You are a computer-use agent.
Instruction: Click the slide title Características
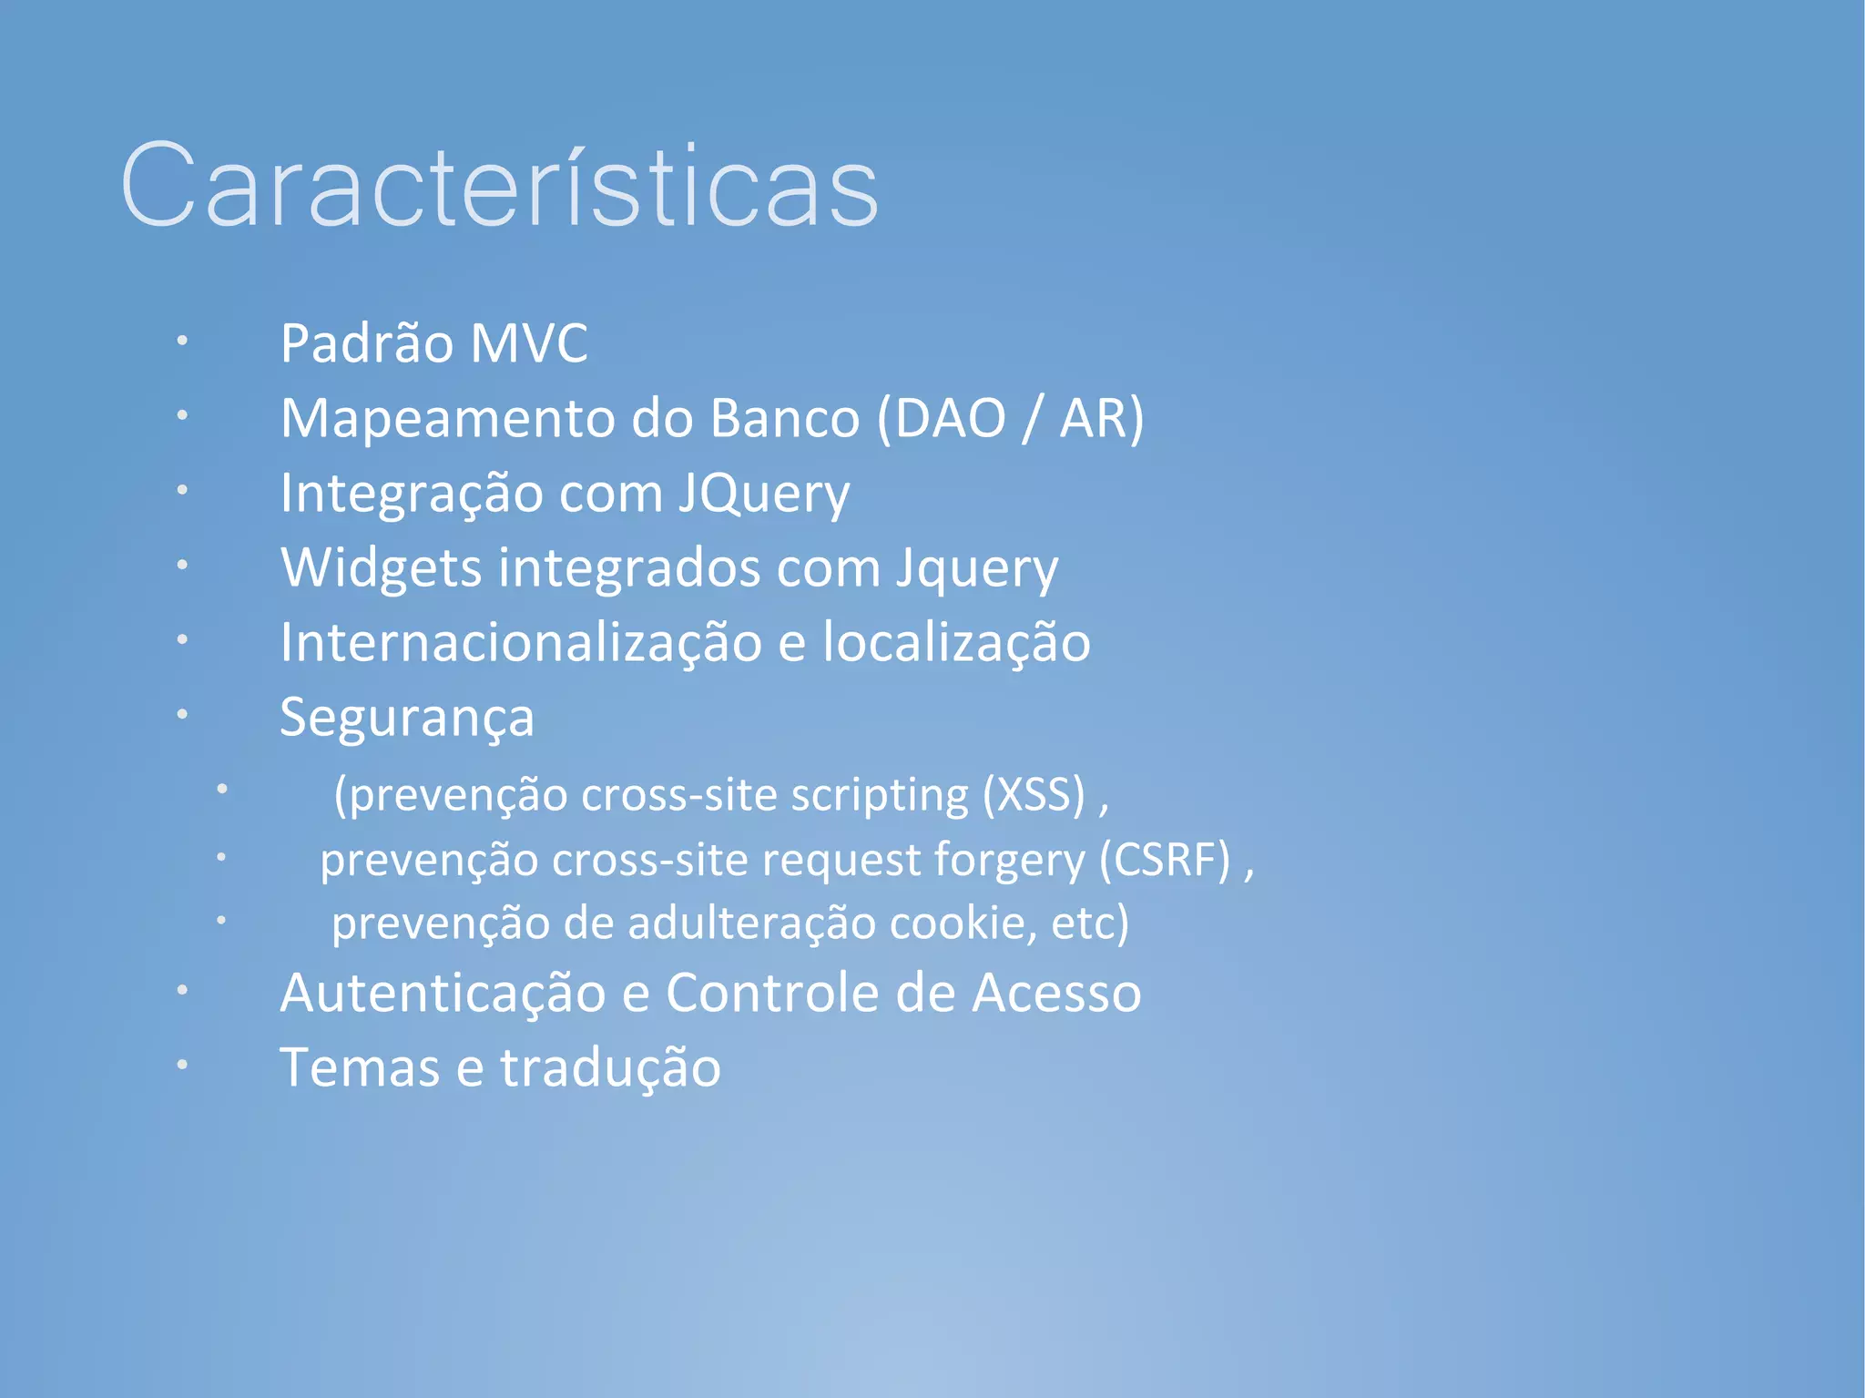pyautogui.click(x=499, y=187)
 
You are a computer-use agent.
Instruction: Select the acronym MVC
pyautogui.click(x=529, y=344)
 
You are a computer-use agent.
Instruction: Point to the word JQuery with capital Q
pyautogui.click(x=763, y=495)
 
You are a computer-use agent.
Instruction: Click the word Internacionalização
pyautogui.click(x=521, y=643)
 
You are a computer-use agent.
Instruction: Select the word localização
pyautogui.click(x=956, y=643)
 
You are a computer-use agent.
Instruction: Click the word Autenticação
pyautogui.click(x=443, y=993)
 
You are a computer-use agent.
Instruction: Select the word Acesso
pyautogui.click(x=1056, y=993)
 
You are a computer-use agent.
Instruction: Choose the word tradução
pyautogui.click(x=610, y=1068)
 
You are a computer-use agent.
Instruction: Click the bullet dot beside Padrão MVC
pyautogui.click(x=182, y=341)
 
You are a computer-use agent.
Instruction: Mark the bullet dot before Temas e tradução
pyautogui.click(x=182, y=1064)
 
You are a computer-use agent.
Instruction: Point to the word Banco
pyautogui.click(x=785, y=419)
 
